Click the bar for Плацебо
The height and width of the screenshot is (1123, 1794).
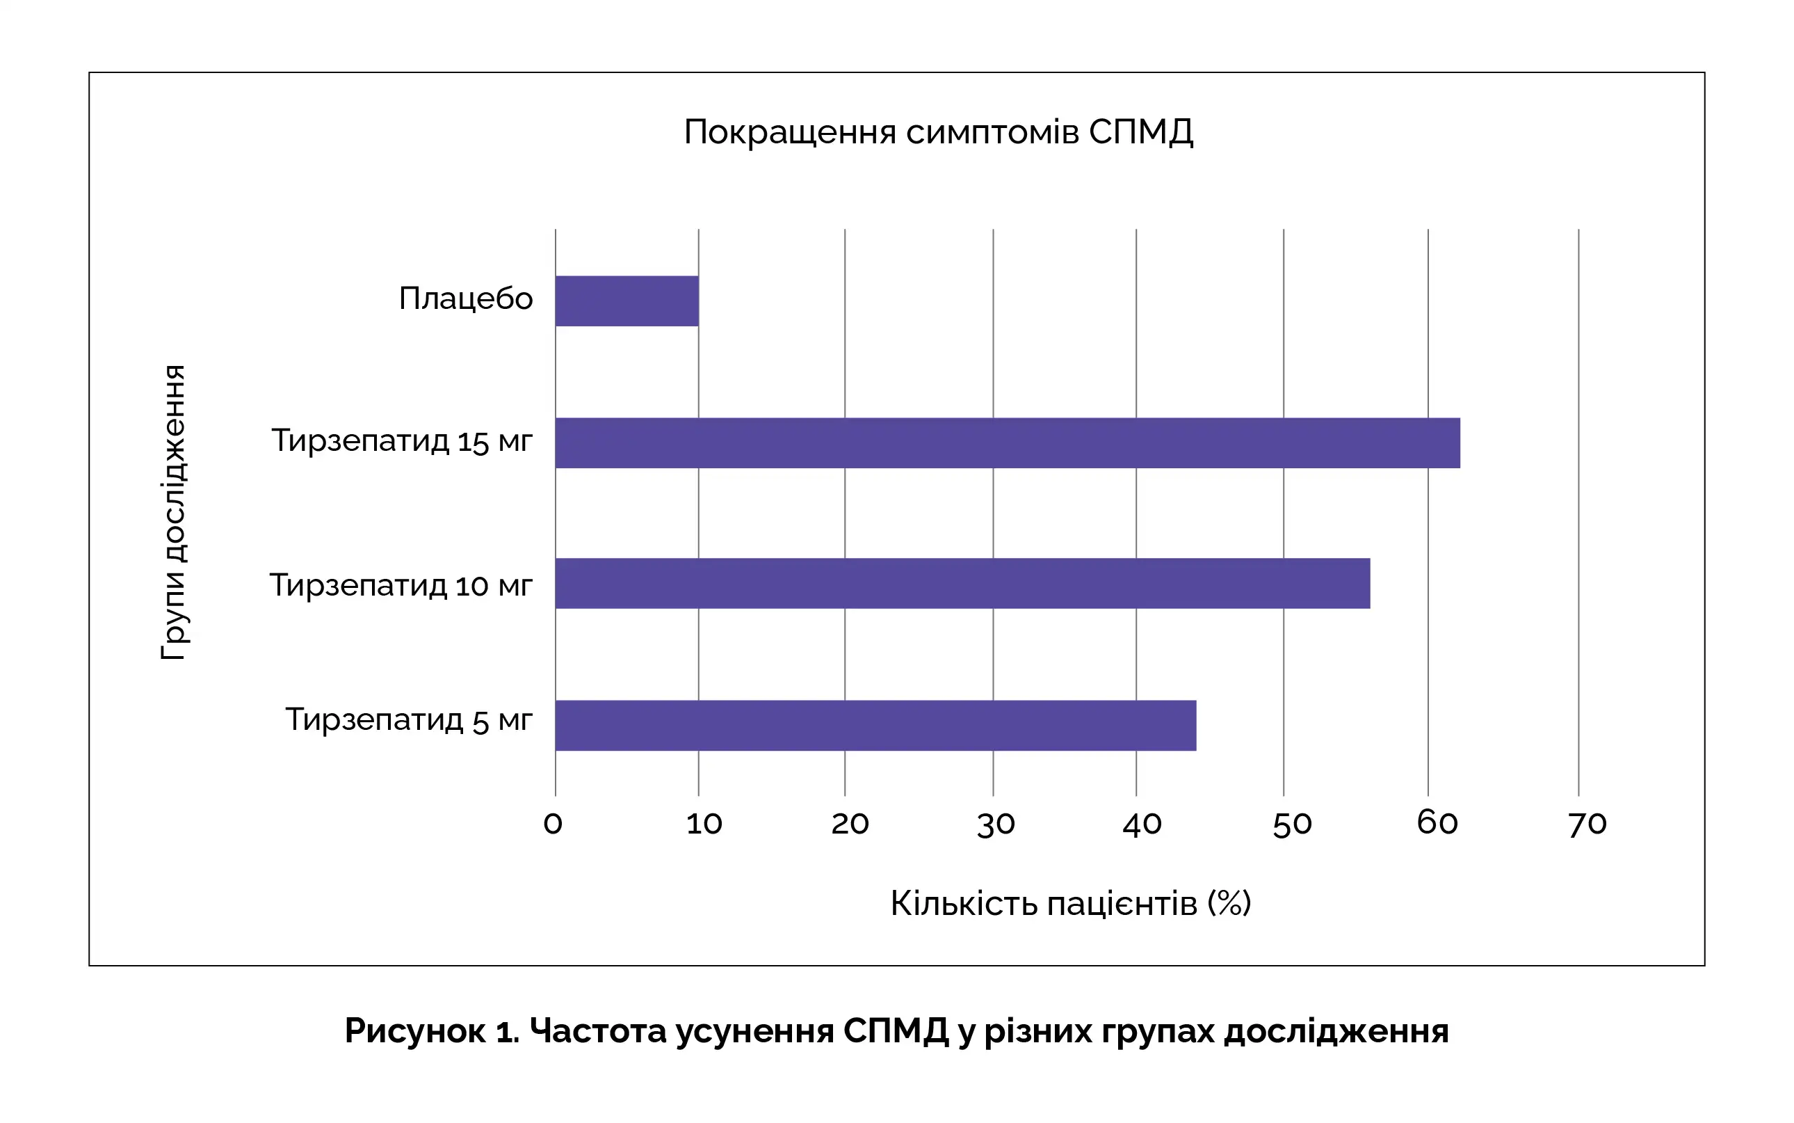627,301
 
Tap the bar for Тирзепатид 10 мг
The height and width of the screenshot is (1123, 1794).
962,583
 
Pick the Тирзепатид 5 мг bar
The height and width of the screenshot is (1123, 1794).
876,725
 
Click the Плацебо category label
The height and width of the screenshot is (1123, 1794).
465,298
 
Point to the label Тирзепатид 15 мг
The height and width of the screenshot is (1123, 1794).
401,441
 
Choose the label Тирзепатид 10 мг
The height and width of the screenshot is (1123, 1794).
401,585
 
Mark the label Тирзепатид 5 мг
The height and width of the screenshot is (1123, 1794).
409,719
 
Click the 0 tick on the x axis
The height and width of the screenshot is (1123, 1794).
553,824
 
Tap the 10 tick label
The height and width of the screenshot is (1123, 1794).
704,824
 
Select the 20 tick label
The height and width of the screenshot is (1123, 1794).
850,824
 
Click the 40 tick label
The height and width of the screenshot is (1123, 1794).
1142,824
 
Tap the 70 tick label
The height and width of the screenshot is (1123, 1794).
1587,824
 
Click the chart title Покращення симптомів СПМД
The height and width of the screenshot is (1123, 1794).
938,132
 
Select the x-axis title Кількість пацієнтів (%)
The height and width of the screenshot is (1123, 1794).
1070,903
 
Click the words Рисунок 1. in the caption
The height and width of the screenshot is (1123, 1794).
432,1031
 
